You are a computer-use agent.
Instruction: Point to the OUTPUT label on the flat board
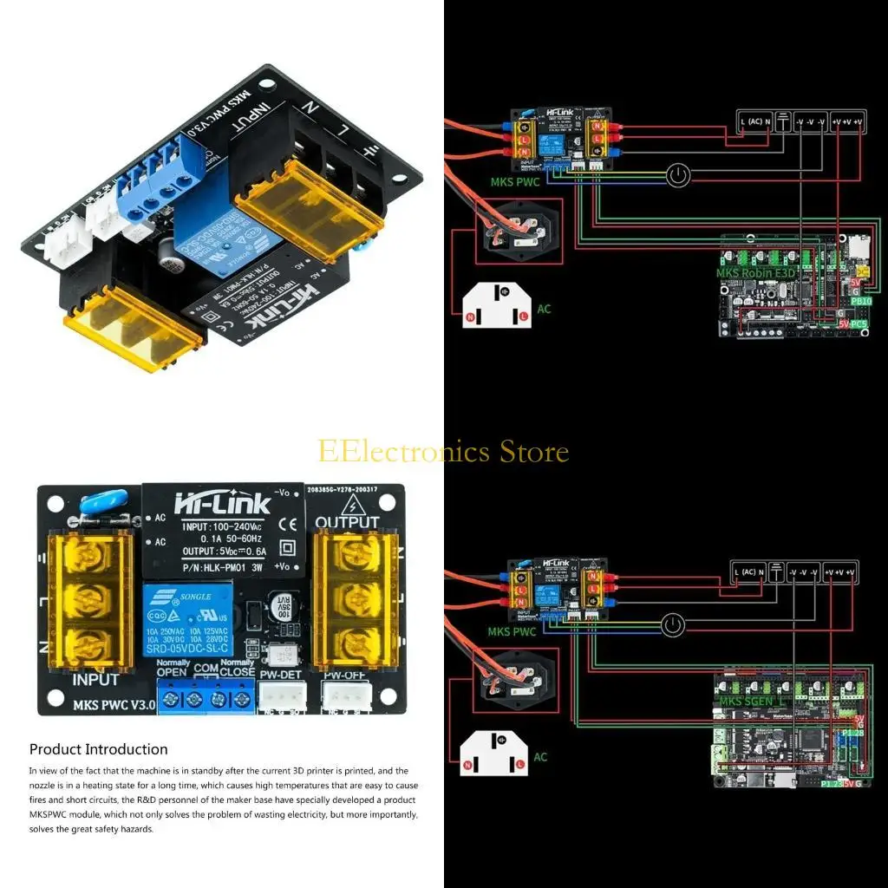tap(347, 522)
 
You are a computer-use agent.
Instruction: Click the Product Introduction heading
tap(98, 749)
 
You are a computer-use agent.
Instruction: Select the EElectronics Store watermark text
tap(443, 452)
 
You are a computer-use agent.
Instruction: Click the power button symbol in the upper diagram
tap(679, 176)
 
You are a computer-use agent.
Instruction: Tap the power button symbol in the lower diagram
tap(672, 624)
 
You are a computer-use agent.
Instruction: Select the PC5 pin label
tap(859, 324)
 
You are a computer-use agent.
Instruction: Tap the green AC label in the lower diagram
tap(540, 757)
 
